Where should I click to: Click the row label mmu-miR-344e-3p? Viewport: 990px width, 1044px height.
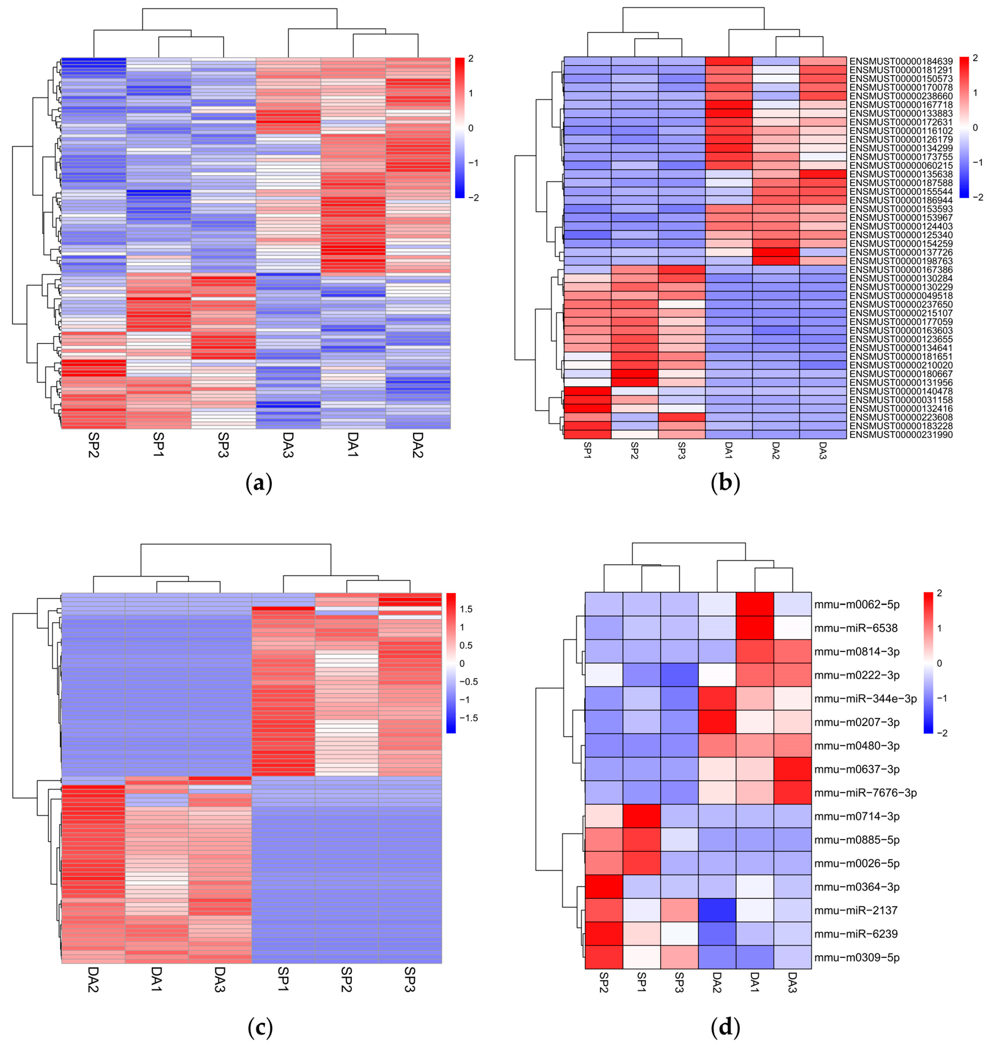pos(866,698)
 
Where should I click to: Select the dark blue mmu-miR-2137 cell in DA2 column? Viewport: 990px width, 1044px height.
pos(717,910)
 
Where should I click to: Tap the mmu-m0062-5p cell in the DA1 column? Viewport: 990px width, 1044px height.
pos(755,605)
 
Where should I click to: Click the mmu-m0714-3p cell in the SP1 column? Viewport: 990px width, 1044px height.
pos(642,816)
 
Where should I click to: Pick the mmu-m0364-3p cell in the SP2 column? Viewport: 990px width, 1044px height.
pos(604,887)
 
